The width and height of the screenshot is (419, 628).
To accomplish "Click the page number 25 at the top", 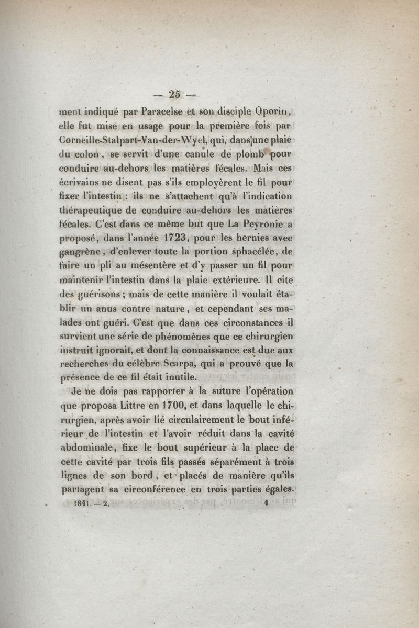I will pyautogui.click(x=174, y=94).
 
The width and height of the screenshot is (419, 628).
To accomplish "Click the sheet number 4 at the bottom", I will pyautogui.click(x=266, y=503).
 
